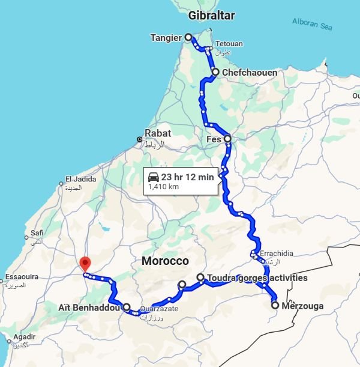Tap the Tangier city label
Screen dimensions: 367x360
point(166,38)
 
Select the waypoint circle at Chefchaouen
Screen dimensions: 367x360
point(215,72)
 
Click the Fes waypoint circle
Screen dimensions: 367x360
point(227,139)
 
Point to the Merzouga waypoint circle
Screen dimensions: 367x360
point(275,305)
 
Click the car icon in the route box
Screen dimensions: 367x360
point(154,177)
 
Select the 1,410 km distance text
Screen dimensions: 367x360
point(164,187)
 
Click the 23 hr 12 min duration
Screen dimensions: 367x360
point(188,177)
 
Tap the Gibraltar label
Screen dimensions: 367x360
point(211,16)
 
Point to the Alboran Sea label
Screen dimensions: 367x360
point(312,23)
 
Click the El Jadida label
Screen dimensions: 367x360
point(77,179)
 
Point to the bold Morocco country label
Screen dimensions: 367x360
point(165,261)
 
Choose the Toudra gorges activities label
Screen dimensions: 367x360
point(257,278)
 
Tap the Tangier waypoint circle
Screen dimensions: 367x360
point(188,37)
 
